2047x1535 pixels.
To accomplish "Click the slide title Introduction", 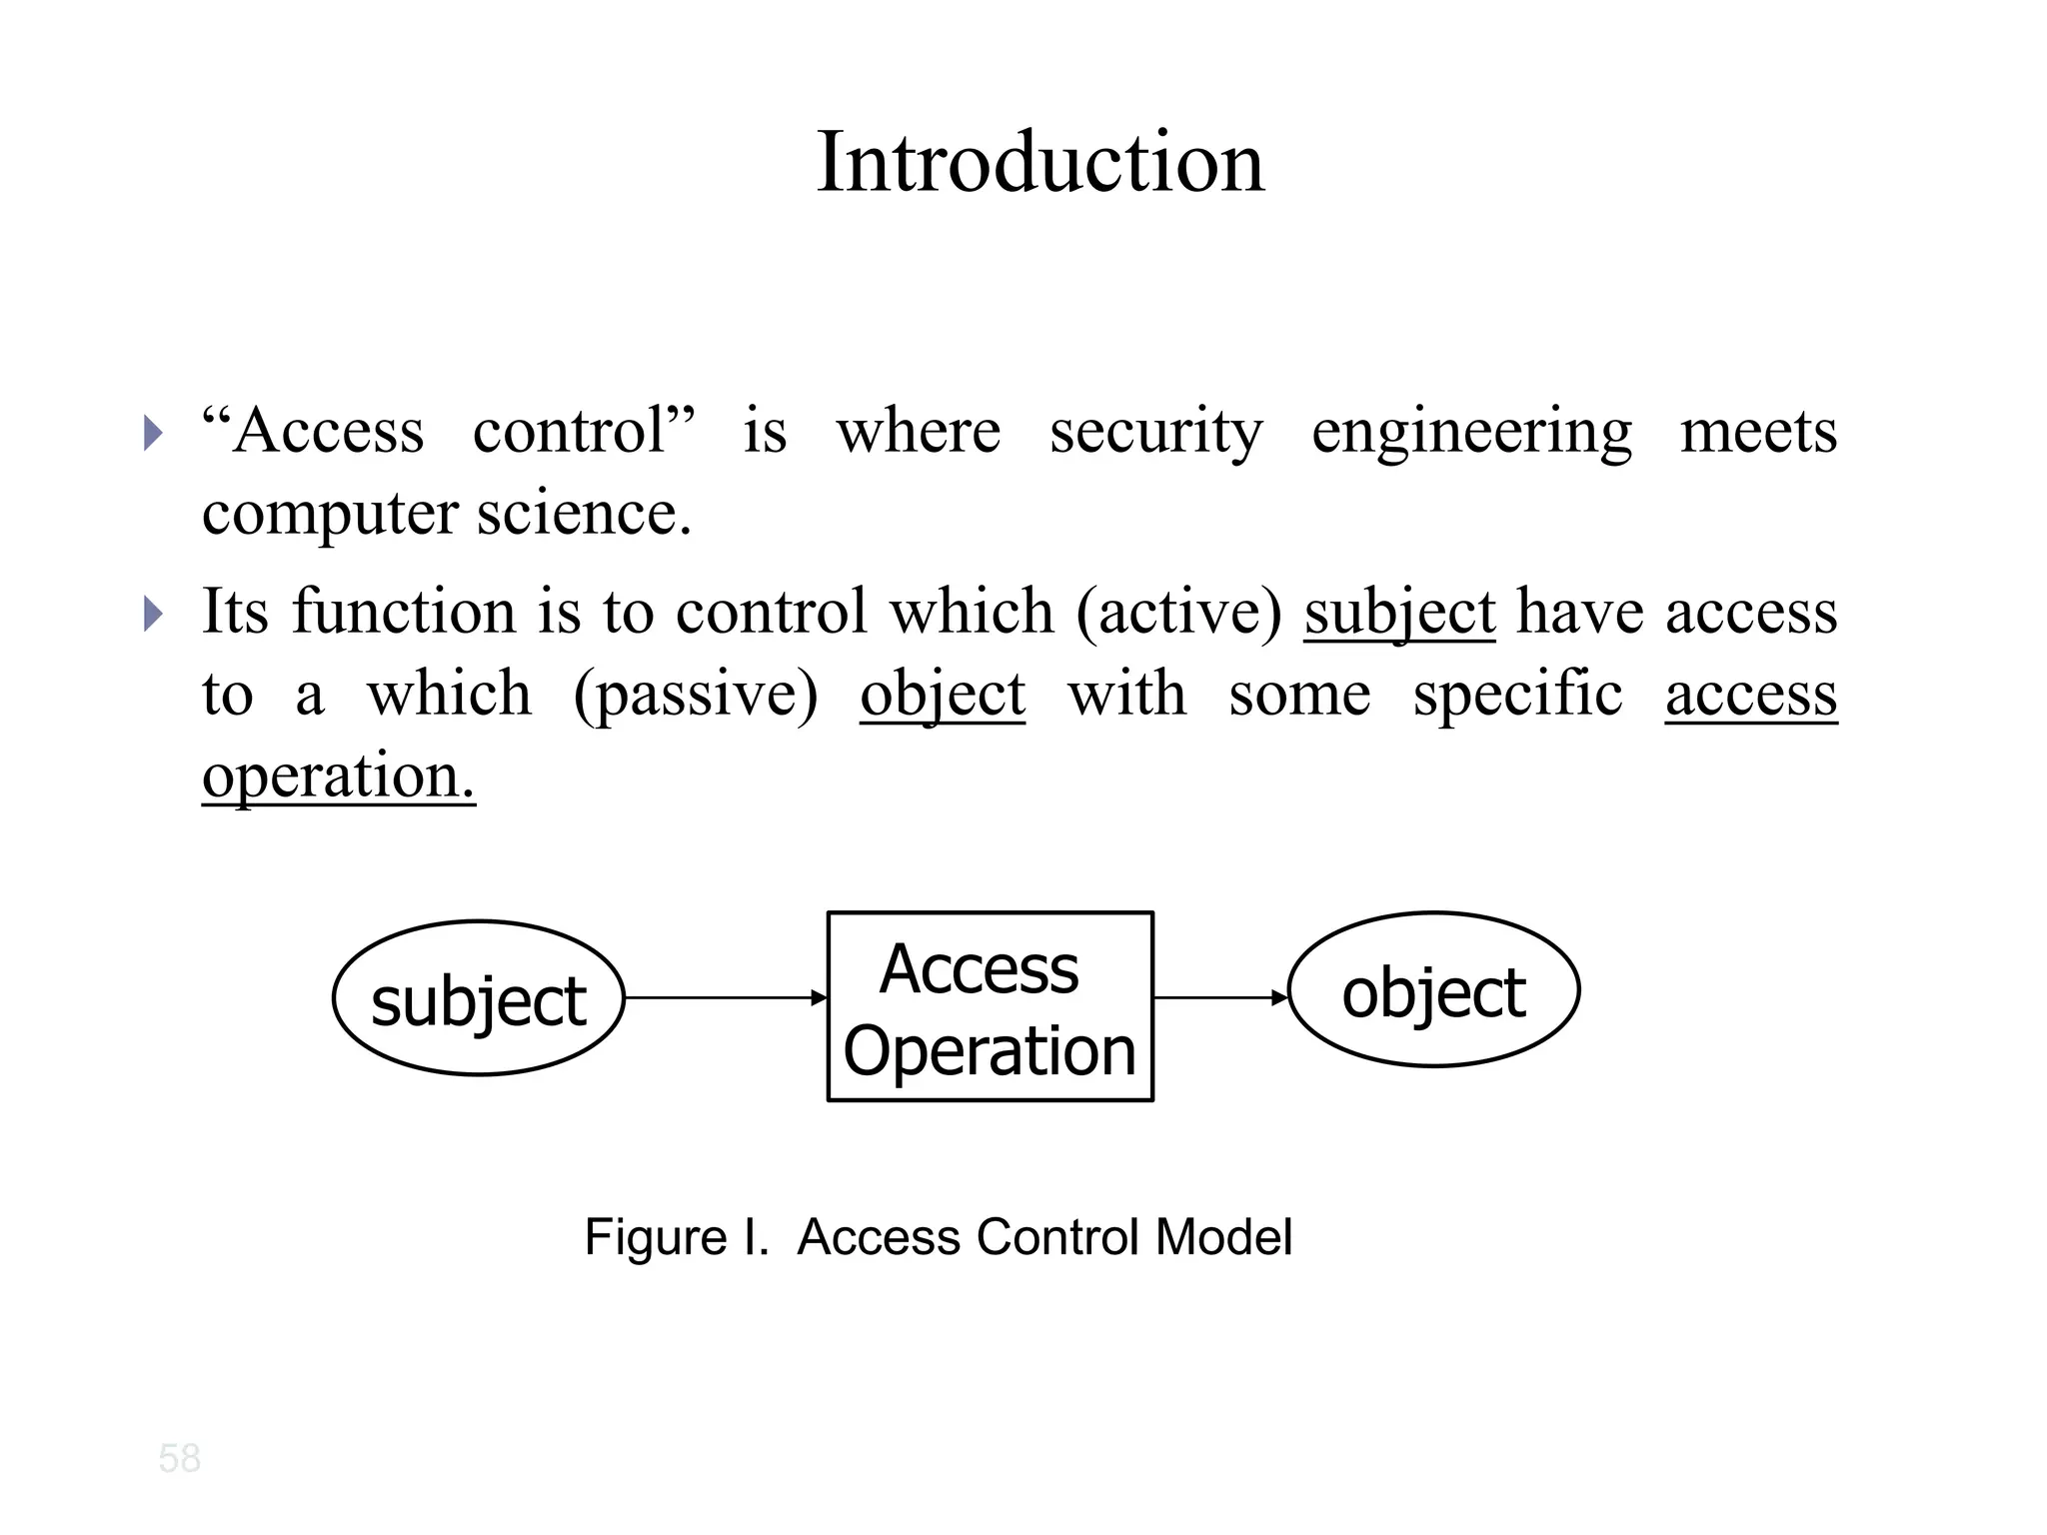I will tap(1040, 163).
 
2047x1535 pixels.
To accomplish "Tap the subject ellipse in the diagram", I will tap(478, 997).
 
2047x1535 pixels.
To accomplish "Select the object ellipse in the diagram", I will tap(1433, 989).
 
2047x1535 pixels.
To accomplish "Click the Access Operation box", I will tap(990, 1005).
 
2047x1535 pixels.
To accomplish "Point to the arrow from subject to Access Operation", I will tap(725, 997).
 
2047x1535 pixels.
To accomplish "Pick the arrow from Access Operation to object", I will tap(1219, 997).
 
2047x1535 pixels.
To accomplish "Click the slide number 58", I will tap(180, 1458).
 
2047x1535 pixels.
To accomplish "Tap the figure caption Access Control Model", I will tap(938, 1237).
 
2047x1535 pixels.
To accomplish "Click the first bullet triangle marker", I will tap(152, 433).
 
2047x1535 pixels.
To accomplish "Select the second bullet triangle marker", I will tap(152, 613).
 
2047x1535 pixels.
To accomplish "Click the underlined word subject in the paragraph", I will tap(1398, 612).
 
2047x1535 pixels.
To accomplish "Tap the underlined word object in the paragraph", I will tap(942, 694).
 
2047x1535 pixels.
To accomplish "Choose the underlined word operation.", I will tap(338, 775).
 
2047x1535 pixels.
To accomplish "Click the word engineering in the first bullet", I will tap(1471, 432).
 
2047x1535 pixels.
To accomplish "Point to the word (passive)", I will tap(696, 694).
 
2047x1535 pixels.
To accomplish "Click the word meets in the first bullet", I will tap(1757, 432).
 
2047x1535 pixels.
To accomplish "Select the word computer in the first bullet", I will tap(330, 514).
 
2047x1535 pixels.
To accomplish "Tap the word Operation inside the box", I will tap(990, 1051).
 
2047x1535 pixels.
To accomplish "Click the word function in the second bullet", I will tap(403, 612).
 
